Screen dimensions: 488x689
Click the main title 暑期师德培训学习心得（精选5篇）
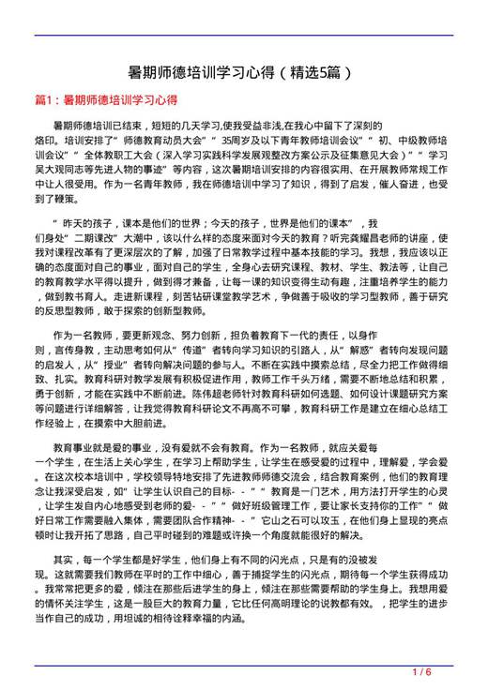click(243, 71)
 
